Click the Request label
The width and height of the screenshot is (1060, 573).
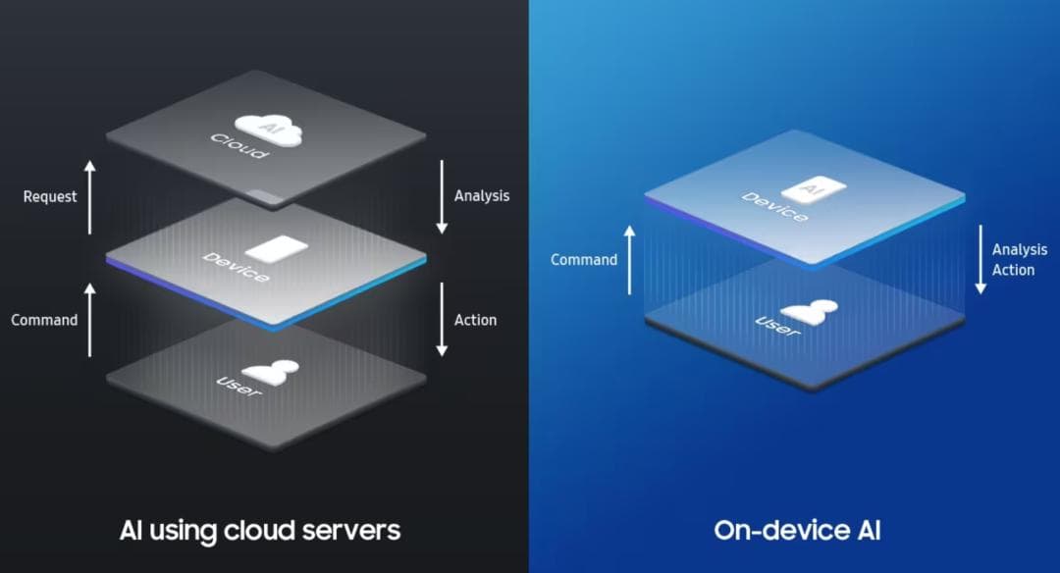pyautogui.click(x=50, y=196)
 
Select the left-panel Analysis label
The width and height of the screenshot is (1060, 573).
pyautogui.click(x=482, y=195)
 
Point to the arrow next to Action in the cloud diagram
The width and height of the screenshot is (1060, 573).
pyautogui.click(x=442, y=319)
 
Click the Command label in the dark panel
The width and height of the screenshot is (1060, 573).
pyautogui.click(x=44, y=320)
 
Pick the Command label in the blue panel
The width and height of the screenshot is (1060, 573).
pyautogui.click(x=584, y=260)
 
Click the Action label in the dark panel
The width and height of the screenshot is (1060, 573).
pyautogui.click(x=475, y=320)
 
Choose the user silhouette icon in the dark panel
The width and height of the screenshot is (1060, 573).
pyautogui.click(x=271, y=371)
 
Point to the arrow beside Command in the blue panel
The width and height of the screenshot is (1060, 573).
pyautogui.click(x=630, y=259)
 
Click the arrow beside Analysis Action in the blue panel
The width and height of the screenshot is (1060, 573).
pyautogui.click(x=980, y=259)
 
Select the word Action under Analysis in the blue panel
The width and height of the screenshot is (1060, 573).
pyautogui.click(x=1013, y=270)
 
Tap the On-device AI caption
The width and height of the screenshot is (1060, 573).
pyautogui.click(x=796, y=531)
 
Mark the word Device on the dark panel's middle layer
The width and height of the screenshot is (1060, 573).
pyautogui.click(x=236, y=267)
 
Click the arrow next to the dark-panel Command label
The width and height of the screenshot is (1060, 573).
pyautogui.click(x=90, y=320)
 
